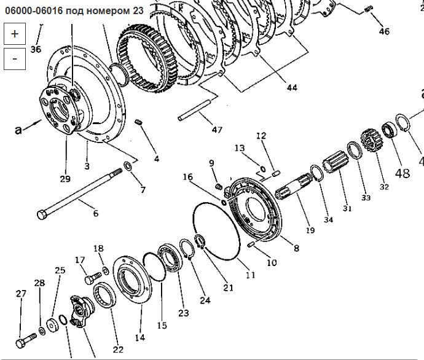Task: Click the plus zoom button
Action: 14,34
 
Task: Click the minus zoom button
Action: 14,58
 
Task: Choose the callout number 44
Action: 291,88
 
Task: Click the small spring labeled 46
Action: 370,8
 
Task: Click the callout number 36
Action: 35,50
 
